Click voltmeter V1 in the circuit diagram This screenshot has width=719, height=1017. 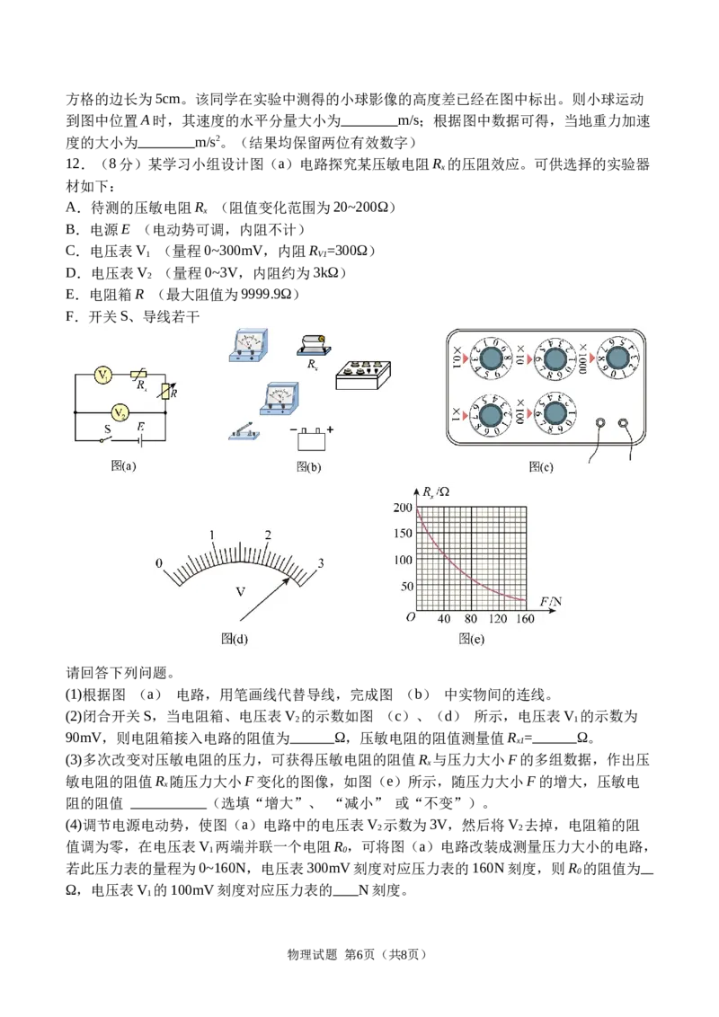click(102, 375)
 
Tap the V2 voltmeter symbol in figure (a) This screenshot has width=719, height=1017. click(120, 411)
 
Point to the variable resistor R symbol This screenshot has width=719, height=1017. click(168, 392)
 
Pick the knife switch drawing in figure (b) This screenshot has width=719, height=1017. click(244, 431)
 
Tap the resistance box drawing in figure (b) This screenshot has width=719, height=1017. click(363, 375)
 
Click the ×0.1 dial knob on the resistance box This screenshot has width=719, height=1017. click(491, 358)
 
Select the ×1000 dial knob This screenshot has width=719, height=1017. click(617, 358)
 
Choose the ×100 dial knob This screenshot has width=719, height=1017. click(555, 413)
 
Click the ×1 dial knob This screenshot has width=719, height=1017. click(491, 413)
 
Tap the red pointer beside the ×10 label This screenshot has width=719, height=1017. click(528, 358)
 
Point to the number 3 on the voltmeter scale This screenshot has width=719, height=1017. click(320, 563)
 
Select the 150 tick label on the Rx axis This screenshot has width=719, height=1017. click(403, 533)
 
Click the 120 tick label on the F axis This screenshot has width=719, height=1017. click(498, 619)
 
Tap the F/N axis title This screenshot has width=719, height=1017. click(551, 602)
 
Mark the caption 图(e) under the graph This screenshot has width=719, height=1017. click(471, 639)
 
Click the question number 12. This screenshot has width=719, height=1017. click(75, 164)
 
